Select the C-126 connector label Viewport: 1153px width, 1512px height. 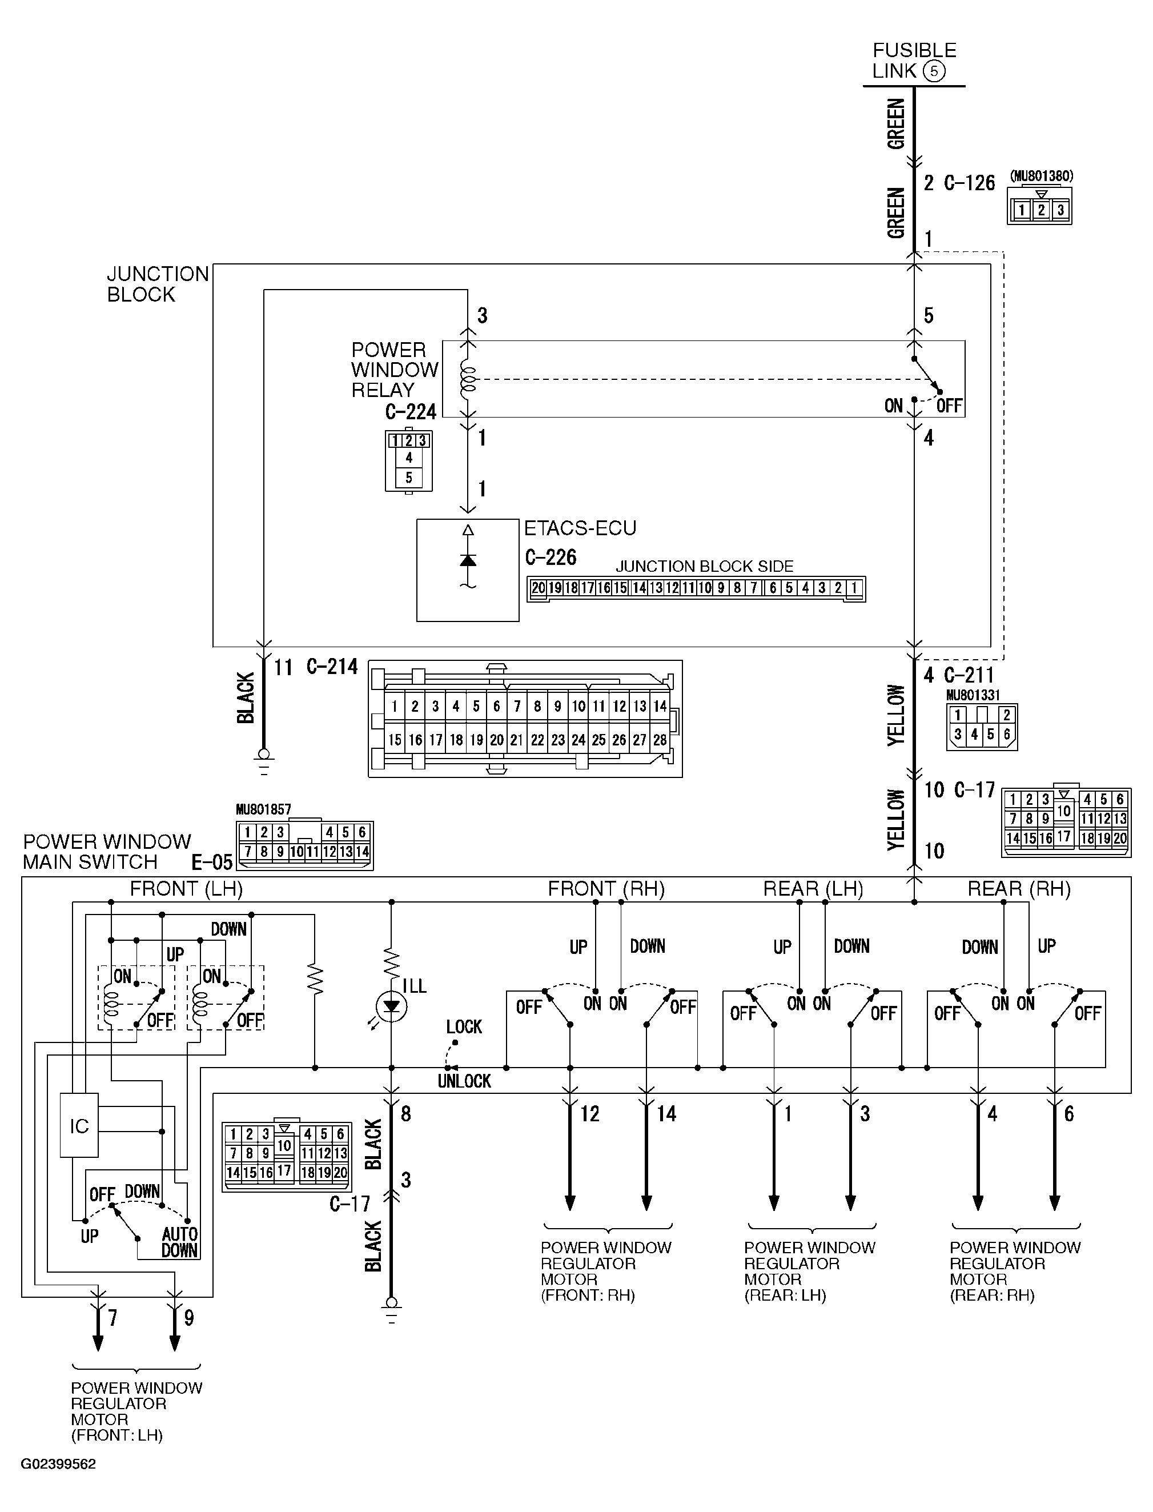tap(969, 183)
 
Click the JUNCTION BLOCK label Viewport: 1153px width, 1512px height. tap(157, 284)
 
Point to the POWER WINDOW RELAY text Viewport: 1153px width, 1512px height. tap(394, 370)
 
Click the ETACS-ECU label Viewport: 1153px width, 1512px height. tap(580, 528)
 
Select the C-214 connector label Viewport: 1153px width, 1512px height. tap(332, 667)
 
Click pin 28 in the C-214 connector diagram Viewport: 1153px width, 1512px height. tap(660, 740)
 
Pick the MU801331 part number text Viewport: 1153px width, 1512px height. tap(973, 695)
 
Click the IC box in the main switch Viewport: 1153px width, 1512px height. tap(79, 1126)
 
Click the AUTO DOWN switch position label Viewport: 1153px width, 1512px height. tap(180, 1242)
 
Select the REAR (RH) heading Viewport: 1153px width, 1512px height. tap(1019, 889)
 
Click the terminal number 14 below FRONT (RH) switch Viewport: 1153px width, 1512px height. tap(666, 1114)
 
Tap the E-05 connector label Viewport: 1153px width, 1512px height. tap(212, 862)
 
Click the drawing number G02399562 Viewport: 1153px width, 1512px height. tap(58, 1464)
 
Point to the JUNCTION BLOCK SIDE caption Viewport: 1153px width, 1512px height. tap(704, 566)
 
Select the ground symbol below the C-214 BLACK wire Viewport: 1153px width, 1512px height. tap(263, 758)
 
